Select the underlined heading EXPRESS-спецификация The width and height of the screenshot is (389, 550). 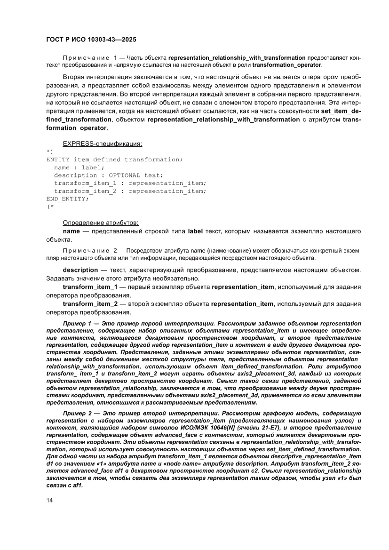pyautogui.click(x=102, y=143)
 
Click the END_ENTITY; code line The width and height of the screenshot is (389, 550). pyautogui.click(x=67, y=199)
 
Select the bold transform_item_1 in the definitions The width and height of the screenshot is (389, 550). pyautogui.click(x=90, y=287)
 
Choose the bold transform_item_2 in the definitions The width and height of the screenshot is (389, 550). pyautogui.click(x=90, y=304)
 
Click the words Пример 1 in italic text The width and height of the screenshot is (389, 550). pyautogui.click(x=76, y=324)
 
